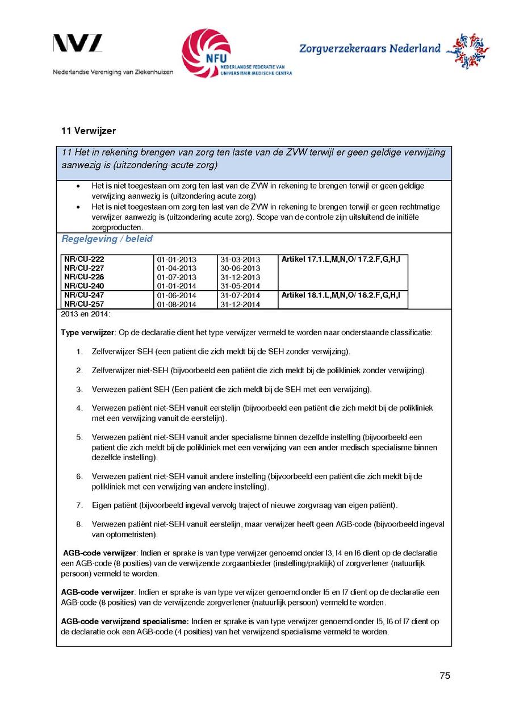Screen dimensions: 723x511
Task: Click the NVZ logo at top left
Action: pos(78,43)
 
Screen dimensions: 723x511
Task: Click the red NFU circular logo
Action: pos(206,53)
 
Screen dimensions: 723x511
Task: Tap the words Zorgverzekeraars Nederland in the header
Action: pos(370,49)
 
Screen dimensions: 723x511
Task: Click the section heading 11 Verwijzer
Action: pos(89,131)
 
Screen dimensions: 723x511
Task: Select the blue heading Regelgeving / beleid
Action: pos(107,239)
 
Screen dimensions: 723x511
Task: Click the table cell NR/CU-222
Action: pos(84,259)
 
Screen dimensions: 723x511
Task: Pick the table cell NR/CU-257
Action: pos(84,304)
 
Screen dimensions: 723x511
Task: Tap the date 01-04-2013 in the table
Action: pos(177,268)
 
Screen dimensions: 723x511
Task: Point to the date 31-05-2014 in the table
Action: pos(240,286)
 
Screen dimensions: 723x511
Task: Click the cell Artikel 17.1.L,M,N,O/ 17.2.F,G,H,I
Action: pos(341,259)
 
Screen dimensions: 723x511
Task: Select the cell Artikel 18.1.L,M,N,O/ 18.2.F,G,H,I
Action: pos(341,295)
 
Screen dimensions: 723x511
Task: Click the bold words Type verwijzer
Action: pos(88,332)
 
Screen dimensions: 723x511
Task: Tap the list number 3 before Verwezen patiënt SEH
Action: pos(79,390)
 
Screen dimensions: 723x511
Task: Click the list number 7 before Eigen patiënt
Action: pos(79,505)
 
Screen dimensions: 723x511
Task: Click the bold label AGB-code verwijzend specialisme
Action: pos(125,622)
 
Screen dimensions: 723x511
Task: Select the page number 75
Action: pos(445,676)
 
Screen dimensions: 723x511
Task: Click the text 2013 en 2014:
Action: pos(86,314)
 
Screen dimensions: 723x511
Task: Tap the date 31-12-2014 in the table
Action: pos(240,304)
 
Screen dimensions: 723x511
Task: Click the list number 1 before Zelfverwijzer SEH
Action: pos(79,352)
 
